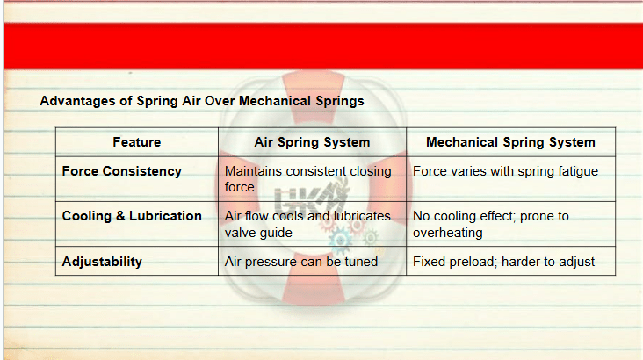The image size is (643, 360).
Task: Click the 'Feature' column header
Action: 136,142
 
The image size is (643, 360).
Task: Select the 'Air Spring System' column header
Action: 312,142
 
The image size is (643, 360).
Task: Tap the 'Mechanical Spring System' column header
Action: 510,142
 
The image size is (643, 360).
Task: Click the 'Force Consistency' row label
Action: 121,171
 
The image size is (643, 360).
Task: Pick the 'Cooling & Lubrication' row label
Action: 132,216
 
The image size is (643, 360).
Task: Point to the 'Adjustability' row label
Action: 102,262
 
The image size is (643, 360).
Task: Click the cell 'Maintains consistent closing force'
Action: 308,179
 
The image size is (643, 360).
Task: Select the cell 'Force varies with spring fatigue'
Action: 505,171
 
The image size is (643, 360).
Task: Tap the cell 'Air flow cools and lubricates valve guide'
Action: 307,224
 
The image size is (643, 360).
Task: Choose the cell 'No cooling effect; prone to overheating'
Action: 490,224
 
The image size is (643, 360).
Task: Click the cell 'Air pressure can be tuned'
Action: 301,262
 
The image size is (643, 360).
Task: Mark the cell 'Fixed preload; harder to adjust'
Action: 503,262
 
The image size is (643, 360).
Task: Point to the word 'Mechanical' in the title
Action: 275,101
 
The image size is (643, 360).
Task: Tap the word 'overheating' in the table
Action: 447,233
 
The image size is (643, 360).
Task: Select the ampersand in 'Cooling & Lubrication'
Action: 120,216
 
